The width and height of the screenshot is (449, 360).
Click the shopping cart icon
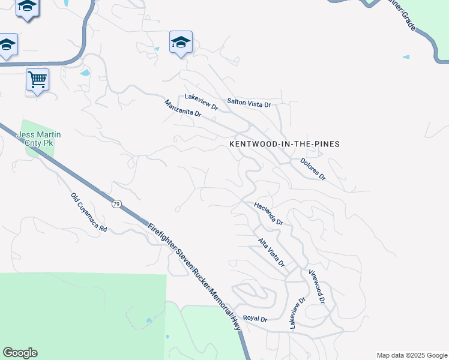tap(37, 79)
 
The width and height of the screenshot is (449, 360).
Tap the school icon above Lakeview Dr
tap(181, 42)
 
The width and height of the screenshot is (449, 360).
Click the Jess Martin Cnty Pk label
tap(40, 139)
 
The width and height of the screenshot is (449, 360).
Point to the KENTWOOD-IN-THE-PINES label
tap(285, 144)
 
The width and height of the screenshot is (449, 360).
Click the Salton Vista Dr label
tap(249, 104)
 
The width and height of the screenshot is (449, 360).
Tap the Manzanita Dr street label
tap(182, 113)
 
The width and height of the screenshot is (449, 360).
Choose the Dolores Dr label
tap(313, 169)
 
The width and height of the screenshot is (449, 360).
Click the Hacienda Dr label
tap(268, 214)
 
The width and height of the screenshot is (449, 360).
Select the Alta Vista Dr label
tap(271, 253)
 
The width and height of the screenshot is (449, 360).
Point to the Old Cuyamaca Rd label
tap(88, 212)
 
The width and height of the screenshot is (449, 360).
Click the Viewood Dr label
tap(316, 286)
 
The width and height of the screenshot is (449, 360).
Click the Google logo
tap(20, 353)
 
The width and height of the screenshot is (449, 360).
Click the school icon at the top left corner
tap(27, 7)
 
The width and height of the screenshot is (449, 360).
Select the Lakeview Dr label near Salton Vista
tap(201, 101)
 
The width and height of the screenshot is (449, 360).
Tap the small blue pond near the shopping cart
tap(85, 73)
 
